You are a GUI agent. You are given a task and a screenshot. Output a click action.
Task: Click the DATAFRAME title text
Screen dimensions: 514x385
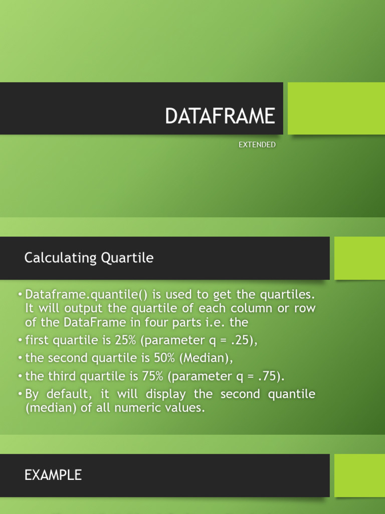[220, 116]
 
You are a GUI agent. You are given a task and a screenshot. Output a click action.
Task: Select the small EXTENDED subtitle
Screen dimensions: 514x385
[257, 145]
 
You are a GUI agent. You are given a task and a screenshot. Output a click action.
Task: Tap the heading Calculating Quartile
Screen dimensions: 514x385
[89, 258]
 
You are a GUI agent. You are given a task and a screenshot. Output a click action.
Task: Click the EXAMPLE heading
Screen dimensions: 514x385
[53, 475]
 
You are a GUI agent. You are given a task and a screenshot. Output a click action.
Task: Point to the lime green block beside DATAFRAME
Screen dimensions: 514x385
[336, 108]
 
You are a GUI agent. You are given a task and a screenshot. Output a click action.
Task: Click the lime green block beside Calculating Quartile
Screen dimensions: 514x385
[359, 258]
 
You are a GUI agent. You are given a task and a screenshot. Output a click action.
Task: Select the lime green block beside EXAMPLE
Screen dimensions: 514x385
[359, 475]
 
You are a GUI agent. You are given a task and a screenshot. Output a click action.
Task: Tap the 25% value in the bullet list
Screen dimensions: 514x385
[126, 340]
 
